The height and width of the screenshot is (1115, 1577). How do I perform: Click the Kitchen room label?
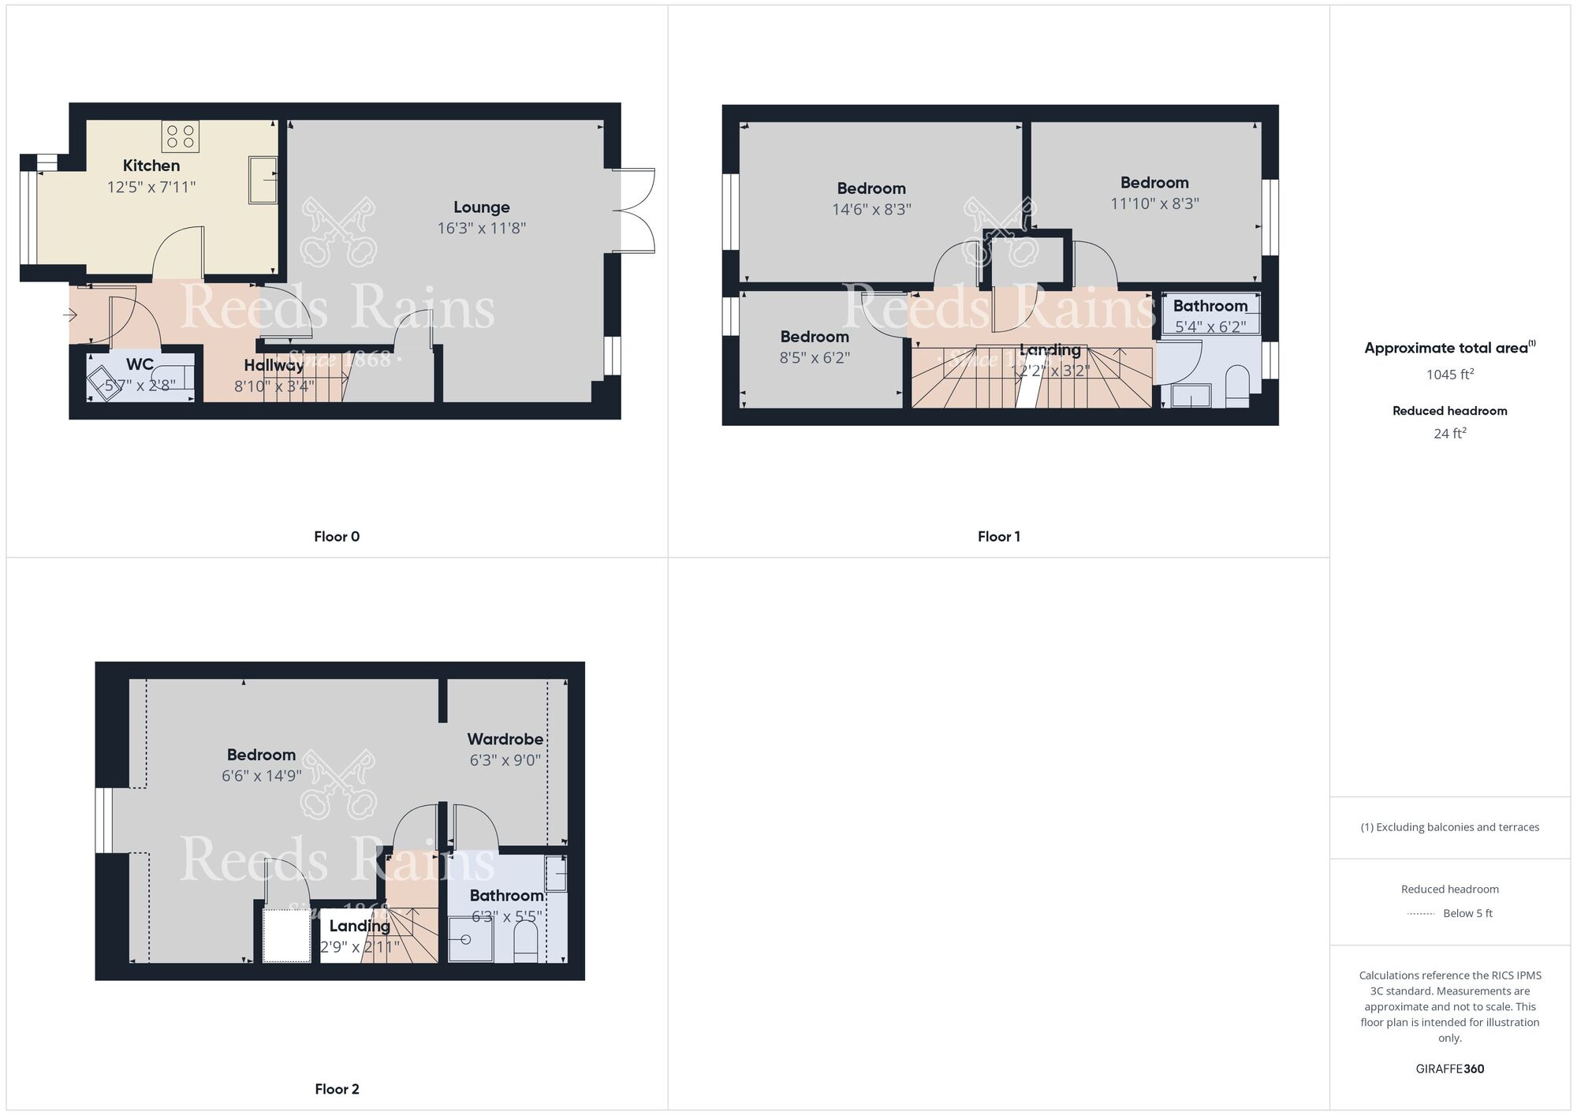[151, 166]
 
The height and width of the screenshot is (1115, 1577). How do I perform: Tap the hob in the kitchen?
[180, 136]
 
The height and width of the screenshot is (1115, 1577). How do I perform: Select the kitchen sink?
[263, 180]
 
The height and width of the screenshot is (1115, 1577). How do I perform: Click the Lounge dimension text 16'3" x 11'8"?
[481, 229]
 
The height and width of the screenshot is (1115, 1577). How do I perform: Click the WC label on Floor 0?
[140, 364]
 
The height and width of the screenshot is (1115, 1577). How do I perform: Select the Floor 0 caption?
[337, 537]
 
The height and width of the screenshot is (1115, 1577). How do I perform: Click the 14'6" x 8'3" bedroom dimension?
[871, 210]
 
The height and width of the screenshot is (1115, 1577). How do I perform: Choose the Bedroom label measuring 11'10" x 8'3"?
[1154, 183]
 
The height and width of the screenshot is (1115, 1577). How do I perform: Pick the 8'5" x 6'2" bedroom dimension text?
[815, 358]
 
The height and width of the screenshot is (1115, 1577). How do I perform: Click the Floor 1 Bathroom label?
[1210, 306]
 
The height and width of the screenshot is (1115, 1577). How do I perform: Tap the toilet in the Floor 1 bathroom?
[1237, 385]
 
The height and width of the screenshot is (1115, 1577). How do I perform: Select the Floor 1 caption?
[998, 537]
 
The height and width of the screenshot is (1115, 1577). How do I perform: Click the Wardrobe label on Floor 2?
[505, 740]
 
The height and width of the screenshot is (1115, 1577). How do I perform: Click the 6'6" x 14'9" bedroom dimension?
[261, 776]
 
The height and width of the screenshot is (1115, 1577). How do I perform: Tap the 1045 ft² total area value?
[1449, 375]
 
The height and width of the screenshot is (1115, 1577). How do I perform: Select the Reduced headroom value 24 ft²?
[1449, 433]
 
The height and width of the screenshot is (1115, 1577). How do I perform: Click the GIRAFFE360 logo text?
[1449, 1069]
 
